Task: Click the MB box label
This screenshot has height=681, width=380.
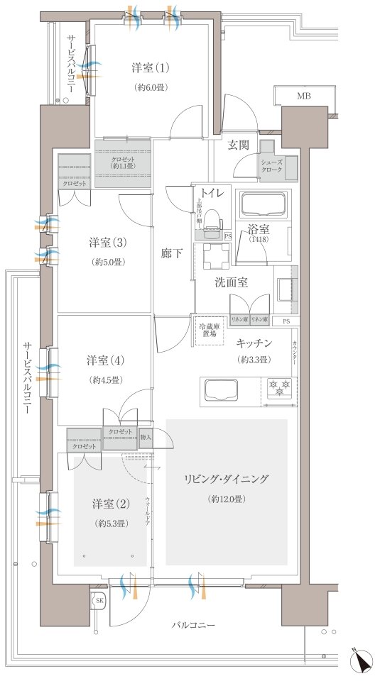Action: point(303,96)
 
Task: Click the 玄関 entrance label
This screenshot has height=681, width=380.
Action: point(238,146)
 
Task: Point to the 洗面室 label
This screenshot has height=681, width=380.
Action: point(232,282)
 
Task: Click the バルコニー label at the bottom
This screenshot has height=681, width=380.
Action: point(193,626)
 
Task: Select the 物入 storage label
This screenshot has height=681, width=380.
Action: point(146,438)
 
